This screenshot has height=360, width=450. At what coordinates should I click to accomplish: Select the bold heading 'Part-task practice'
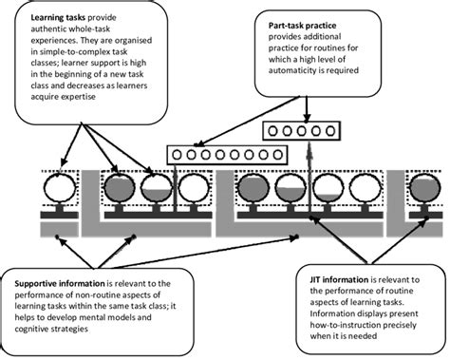pyautogui.click(x=302, y=26)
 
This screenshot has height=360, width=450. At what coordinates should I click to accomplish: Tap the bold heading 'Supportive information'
pyautogui.click(x=60, y=283)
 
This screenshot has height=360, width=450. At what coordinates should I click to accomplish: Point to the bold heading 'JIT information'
pyautogui.click(x=339, y=280)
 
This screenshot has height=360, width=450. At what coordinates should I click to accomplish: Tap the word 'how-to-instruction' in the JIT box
pyautogui.click(x=346, y=325)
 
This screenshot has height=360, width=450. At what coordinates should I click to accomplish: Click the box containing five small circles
pyautogui.click(x=302, y=131)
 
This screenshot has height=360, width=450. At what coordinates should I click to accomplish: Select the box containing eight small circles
pyautogui.click(x=227, y=155)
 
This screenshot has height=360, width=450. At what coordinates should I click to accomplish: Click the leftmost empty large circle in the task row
pyautogui.click(x=60, y=187)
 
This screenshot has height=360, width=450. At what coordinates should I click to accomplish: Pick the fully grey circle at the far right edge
pyautogui.click(x=424, y=189)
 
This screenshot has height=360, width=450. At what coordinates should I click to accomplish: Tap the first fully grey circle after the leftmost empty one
pyautogui.click(x=120, y=189)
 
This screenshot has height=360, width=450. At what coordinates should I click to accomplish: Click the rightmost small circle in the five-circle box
pyautogui.click(x=330, y=131)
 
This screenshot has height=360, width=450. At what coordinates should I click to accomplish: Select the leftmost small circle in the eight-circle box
pyautogui.click(x=177, y=155)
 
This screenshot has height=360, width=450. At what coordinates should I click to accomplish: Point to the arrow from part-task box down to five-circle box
pyautogui.click(x=307, y=109)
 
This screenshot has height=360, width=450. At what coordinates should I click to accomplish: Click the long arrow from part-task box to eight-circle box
pyautogui.click(x=246, y=122)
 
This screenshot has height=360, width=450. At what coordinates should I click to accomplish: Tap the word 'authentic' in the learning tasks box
pyautogui.click(x=48, y=29)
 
